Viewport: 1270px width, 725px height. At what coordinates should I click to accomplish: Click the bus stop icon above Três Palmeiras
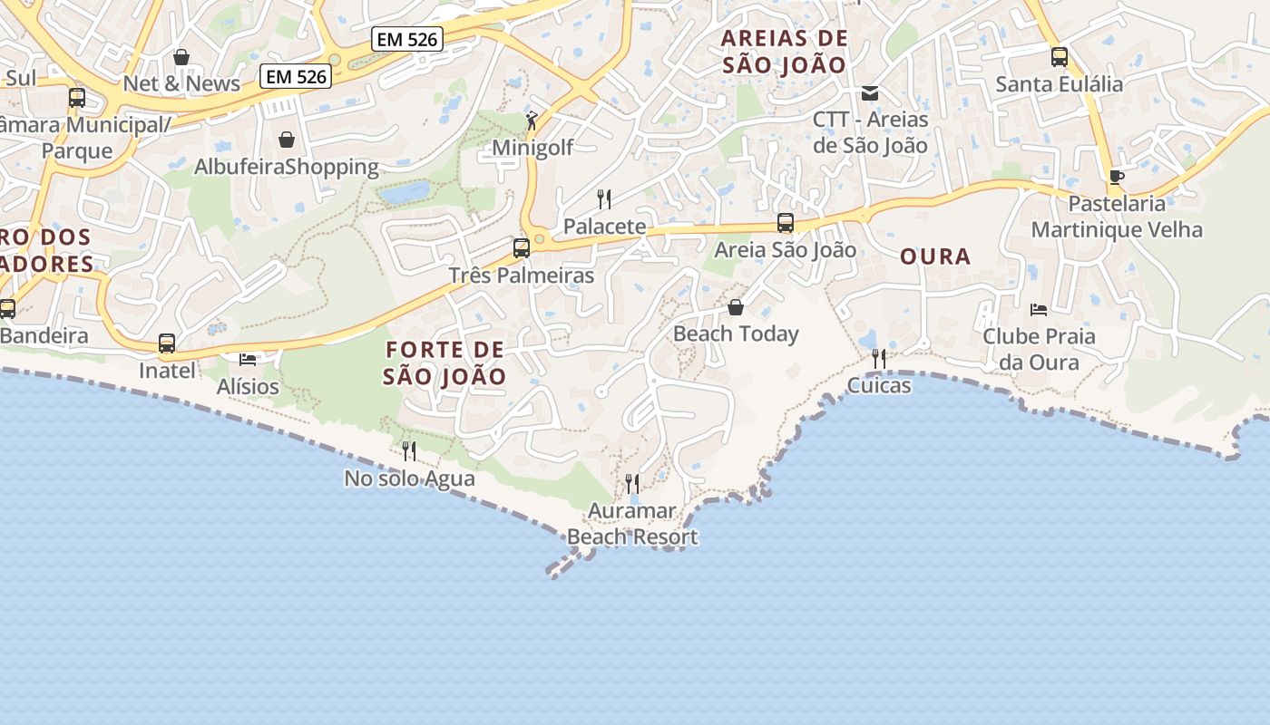(x=522, y=247)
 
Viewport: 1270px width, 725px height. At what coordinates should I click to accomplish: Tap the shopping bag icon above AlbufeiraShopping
(x=287, y=140)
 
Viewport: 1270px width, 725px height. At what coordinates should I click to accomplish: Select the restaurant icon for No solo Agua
(x=409, y=450)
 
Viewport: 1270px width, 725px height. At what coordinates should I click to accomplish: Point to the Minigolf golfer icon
(x=532, y=120)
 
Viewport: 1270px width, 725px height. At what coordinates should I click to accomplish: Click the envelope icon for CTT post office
(x=870, y=92)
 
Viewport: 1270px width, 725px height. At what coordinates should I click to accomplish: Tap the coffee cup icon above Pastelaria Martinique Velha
(x=1117, y=176)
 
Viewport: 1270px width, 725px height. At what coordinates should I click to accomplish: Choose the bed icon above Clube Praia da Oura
(x=1039, y=310)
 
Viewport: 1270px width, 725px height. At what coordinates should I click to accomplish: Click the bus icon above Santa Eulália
(x=1060, y=57)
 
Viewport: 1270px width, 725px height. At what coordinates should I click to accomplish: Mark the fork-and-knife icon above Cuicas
(x=879, y=359)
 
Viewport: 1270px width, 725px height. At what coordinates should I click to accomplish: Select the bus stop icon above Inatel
(x=167, y=343)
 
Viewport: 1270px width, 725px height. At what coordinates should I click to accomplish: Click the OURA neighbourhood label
(x=935, y=256)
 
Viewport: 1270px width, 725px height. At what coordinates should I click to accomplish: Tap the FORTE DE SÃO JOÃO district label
(x=444, y=362)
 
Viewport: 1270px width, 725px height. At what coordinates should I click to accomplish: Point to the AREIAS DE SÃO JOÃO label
(x=785, y=52)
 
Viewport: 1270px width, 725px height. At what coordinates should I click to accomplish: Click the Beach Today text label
(x=736, y=333)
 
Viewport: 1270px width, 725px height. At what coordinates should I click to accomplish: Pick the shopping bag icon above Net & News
(x=181, y=57)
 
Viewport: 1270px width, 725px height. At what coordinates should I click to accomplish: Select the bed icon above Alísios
(x=248, y=360)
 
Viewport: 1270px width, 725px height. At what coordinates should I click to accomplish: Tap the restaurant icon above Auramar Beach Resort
(x=632, y=484)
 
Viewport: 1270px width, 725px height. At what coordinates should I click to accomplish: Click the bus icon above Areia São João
(x=786, y=222)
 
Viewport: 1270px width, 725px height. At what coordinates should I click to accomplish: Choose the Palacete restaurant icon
(x=604, y=199)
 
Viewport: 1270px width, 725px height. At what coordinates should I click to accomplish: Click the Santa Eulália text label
(x=1060, y=84)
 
